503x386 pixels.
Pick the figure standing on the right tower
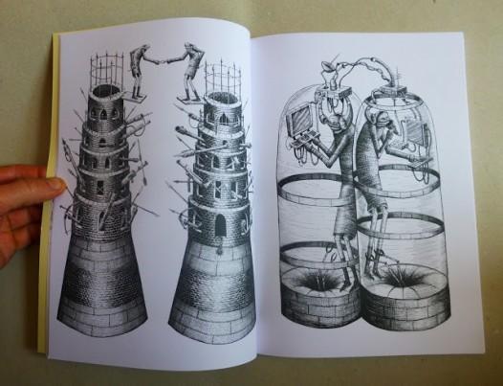194,71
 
